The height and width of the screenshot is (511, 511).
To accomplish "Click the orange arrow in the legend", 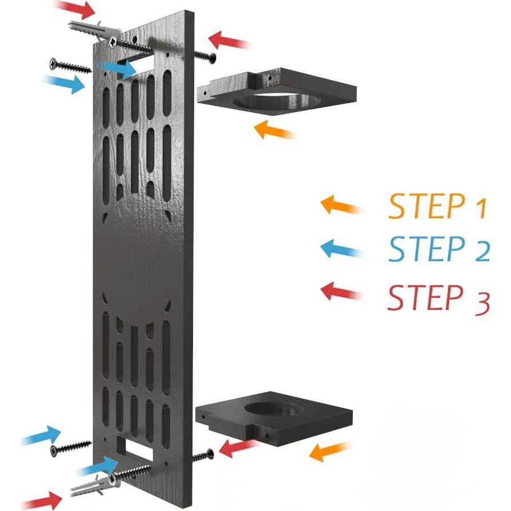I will (x=341, y=206).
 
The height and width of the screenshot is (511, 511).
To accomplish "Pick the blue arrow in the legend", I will (x=341, y=249).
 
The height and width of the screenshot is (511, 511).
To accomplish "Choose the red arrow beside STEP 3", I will (x=341, y=292).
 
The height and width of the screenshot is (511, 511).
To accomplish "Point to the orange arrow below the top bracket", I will (x=274, y=131).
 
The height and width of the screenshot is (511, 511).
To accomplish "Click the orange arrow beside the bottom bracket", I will (x=329, y=451).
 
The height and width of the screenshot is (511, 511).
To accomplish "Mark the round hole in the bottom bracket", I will (x=274, y=409).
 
